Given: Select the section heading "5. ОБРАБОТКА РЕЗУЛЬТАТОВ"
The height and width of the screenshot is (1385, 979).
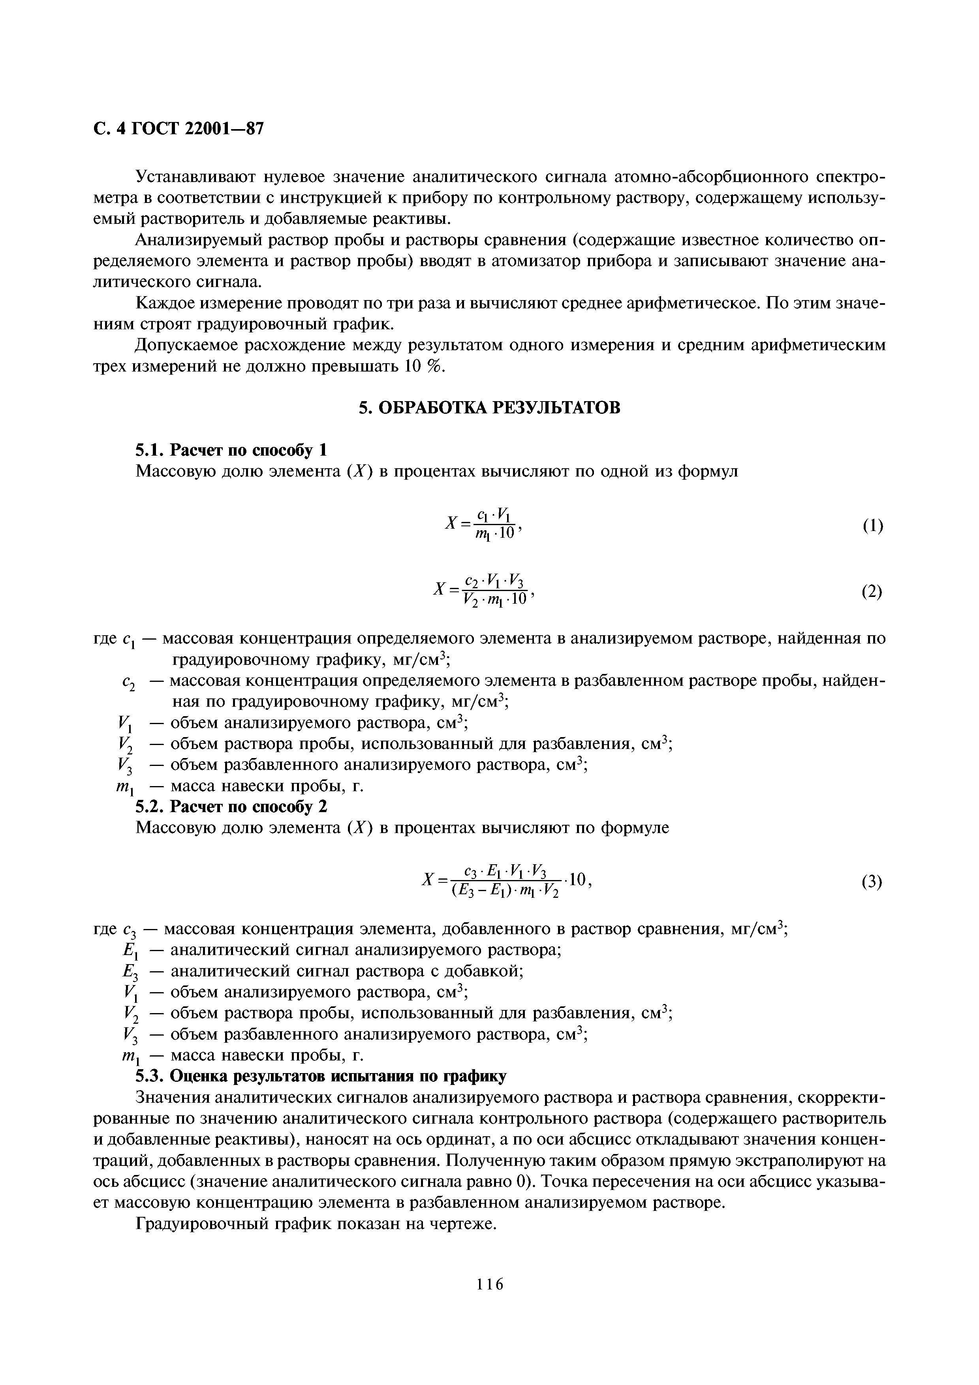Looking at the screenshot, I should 489,408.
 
